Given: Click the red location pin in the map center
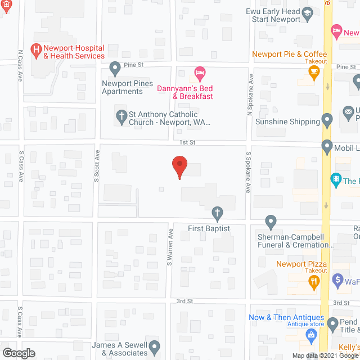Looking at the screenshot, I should [x=179, y=166].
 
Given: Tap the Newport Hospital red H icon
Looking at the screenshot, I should [x=37, y=51].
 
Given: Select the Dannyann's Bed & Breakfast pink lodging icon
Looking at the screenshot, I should [x=199, y=72].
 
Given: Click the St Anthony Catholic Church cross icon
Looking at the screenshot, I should [x=121, y=117].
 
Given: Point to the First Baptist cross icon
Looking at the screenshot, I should [x=217, y=213].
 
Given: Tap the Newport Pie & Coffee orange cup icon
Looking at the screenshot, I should [x=314, y=71].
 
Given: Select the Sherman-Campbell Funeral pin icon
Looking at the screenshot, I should [x=271, y=222].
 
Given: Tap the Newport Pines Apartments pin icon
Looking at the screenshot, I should [x=115, y=69].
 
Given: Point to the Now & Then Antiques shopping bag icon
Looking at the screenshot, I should [x=310, y=335].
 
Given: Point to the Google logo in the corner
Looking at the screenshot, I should [x=18, y=353].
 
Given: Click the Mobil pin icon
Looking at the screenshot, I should [x=327, y=147].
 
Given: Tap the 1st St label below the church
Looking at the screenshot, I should [x=187, y=143].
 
